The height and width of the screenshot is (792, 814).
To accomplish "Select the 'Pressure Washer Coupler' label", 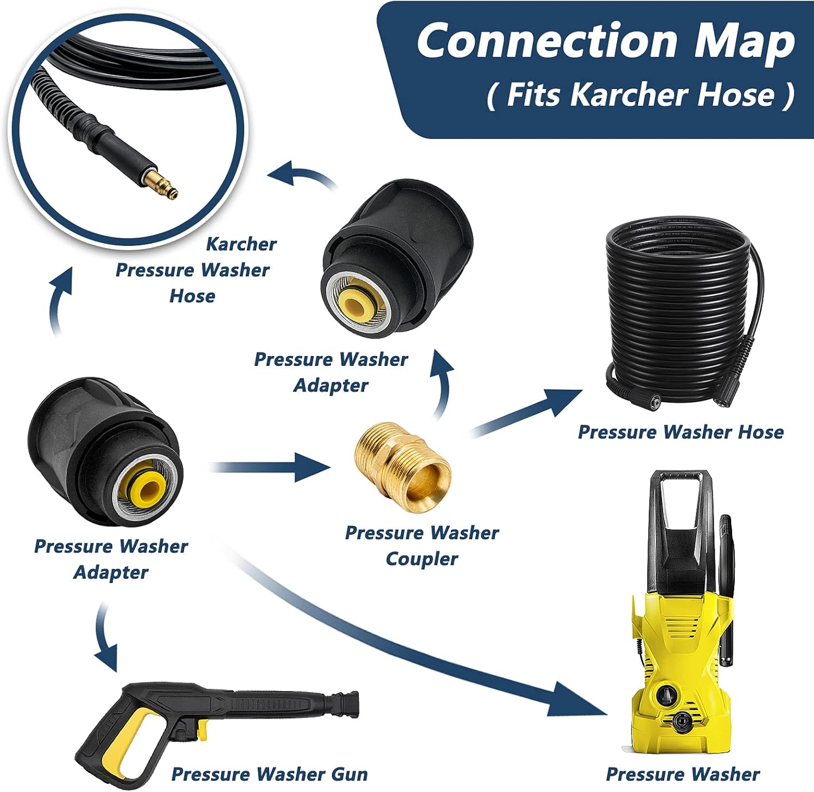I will [x=422, y=546].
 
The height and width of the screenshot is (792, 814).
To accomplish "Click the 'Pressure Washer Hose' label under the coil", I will [x=681, y=432].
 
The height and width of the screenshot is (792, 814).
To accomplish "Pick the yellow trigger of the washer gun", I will [x=202, y=728].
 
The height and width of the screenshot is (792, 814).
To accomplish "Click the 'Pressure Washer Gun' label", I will [x=269, y=774].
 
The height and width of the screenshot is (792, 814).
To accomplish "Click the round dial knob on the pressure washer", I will [x=665, y=694].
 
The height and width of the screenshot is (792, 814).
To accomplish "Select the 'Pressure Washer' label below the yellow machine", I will [x=682, y=774].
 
